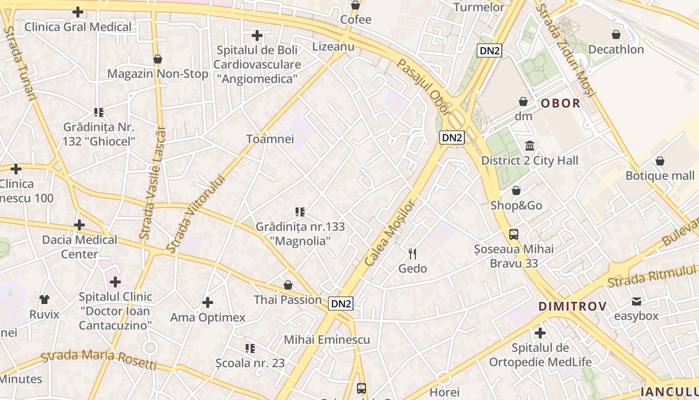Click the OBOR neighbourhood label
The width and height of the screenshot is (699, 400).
pos(561,103)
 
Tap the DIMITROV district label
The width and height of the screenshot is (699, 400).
pos(572,306)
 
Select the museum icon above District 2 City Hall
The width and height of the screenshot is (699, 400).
pos(530,146)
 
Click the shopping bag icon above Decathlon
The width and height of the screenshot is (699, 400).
pos(616,34)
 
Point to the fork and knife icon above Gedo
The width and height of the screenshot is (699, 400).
pos(412,254)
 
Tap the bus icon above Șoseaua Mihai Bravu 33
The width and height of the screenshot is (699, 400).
pos(514,234)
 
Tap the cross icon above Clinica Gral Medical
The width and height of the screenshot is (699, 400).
pos(78,12)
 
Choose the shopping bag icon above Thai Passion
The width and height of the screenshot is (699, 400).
pos(288,285)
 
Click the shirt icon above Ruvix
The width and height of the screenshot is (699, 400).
pos(44,299)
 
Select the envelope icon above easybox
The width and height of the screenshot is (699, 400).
pos(636,301)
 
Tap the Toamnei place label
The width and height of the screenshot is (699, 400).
pos(270,139)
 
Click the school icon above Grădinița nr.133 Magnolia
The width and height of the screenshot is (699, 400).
pos(300,212)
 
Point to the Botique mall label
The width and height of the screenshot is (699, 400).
pos(660,175)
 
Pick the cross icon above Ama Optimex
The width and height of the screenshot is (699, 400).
pos(208,302)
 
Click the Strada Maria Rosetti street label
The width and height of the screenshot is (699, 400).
pos(98,358)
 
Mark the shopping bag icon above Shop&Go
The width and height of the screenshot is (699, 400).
pos(516,190)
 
